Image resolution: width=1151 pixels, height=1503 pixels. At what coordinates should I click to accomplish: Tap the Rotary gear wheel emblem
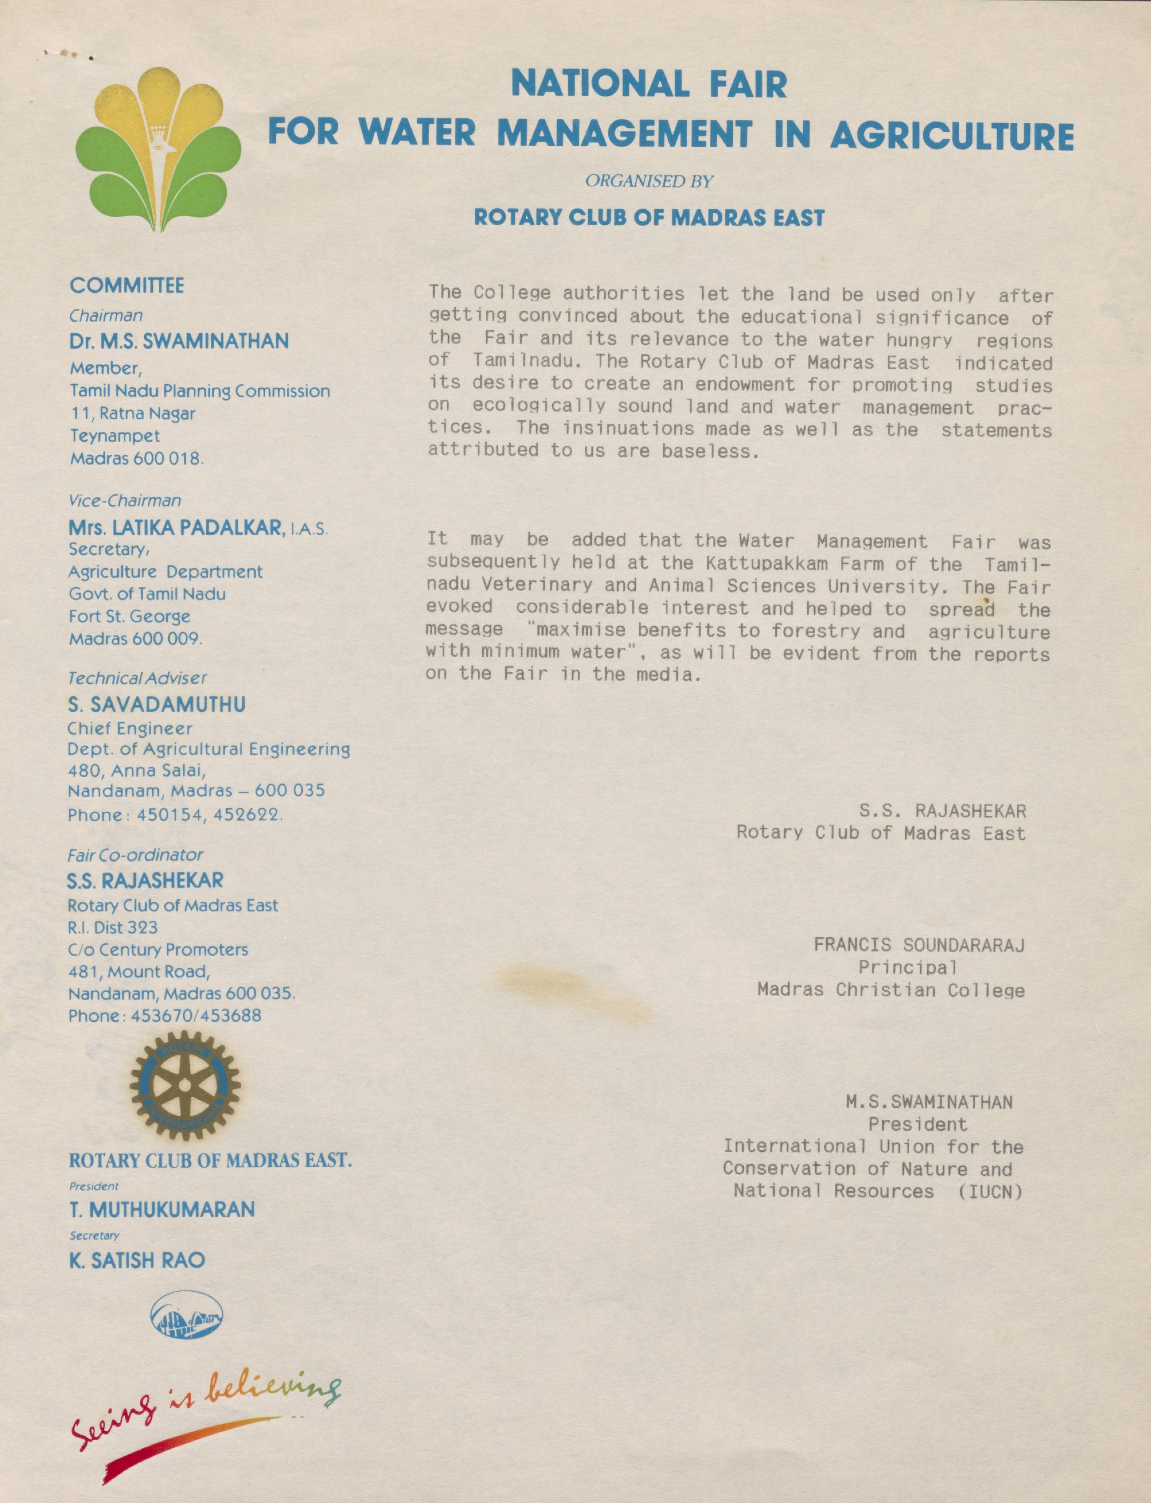click(184, 1086)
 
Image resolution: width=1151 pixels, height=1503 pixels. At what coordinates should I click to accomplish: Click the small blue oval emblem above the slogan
click(186, 1314)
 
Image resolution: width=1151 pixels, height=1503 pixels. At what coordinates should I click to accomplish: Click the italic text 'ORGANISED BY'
click(649, 182)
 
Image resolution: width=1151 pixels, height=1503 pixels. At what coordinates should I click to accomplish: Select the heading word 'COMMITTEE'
click(127, 286)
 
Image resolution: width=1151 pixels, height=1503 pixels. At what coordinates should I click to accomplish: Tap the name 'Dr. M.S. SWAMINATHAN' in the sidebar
click(179, 341)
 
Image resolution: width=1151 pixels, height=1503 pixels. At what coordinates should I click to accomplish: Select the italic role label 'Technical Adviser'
click(137, 678)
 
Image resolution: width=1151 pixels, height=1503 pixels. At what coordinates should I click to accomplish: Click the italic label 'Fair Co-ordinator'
click(135, 855)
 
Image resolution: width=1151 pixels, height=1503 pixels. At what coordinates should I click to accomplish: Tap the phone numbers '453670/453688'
click(196, 1015)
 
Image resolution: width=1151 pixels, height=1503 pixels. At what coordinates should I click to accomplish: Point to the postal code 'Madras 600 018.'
click(137, 458)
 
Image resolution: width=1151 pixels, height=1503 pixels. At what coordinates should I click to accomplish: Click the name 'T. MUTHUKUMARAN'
click(161, 1210)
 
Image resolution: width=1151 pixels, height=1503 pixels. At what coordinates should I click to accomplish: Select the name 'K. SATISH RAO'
click(137, 1260)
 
